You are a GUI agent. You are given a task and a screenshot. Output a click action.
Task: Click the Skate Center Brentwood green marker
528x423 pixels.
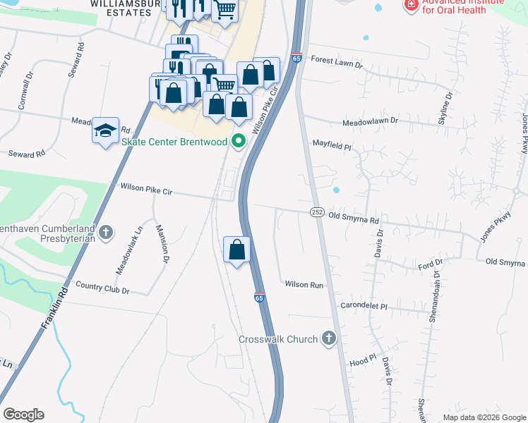pos(239,142)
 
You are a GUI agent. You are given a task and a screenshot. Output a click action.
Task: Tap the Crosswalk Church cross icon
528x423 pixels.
pos(328,339)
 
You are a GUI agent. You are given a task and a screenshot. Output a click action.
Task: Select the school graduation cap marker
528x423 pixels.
pos(105,131)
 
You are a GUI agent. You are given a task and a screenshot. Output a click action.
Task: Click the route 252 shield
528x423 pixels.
pos(316,212)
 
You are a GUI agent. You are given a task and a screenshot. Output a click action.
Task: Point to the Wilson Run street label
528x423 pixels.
pos(304,285)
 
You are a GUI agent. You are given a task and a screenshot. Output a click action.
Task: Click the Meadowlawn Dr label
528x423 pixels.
pos(370,121)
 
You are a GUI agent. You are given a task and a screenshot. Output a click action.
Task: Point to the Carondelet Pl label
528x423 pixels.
pos(364,307)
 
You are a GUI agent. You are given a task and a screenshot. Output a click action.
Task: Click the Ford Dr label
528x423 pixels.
pos(429,264)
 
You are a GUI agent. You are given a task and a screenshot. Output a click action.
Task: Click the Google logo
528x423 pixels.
pos(23,415)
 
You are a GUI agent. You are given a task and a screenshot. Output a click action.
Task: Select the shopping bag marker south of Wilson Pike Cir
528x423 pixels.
pos(236,250)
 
